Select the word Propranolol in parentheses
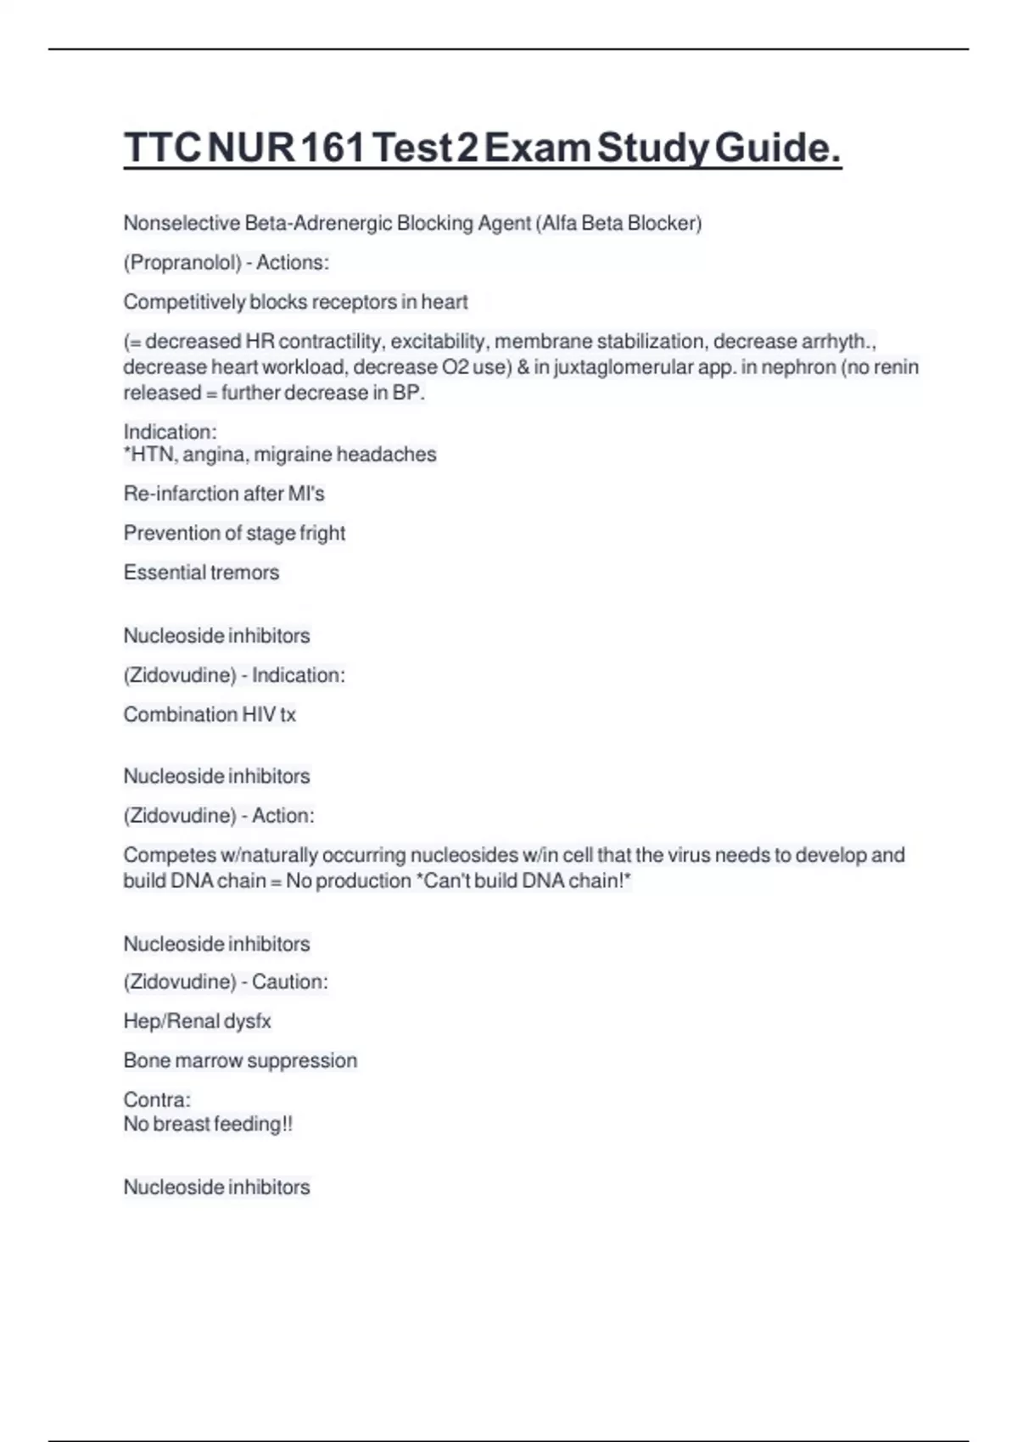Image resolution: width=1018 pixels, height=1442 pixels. click(182, 263)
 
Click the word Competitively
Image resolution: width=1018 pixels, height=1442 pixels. click(184, 302)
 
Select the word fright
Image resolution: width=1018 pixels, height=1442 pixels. click(322, 534)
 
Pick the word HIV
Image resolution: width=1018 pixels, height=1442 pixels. click(258, 715)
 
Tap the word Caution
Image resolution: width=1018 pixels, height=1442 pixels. click(288, 982)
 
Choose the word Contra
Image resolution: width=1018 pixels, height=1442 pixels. click(155, 1100)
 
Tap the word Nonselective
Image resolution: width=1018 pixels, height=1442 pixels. click(182, 223)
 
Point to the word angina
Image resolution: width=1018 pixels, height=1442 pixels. click(215, 456)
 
